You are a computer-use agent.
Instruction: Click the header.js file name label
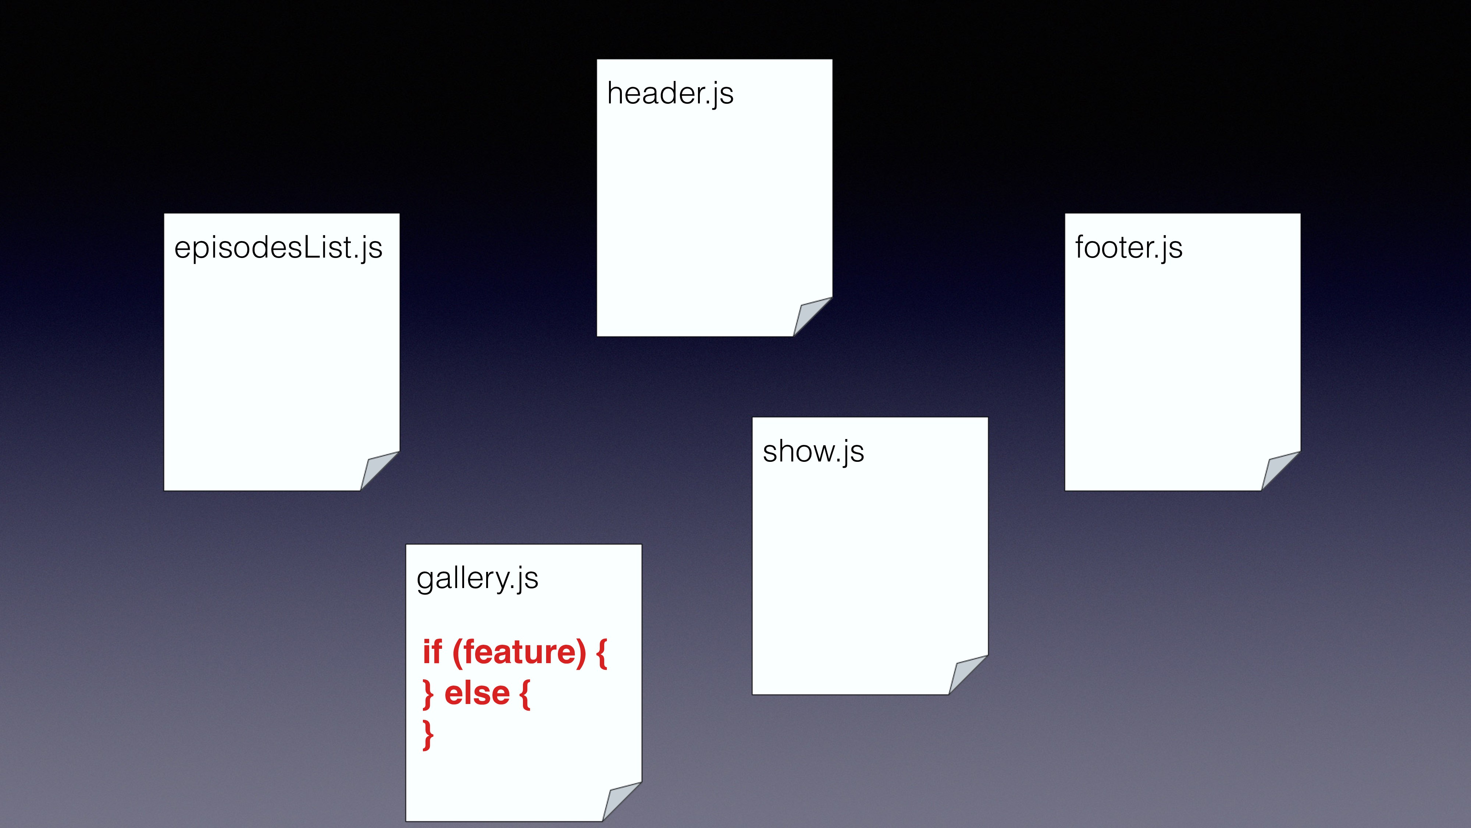[670, 94]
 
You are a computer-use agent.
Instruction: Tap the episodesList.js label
[278, 248]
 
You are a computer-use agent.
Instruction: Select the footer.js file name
[1128, 248]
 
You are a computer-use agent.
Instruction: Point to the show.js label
[813, 452]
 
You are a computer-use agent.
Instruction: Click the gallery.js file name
[477, 578]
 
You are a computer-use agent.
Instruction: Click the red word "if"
[432, 652]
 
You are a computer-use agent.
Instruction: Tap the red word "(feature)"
[519, 652]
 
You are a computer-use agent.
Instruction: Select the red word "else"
[477, 694]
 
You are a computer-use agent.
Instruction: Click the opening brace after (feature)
[601, 654]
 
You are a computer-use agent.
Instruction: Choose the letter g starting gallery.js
[425, 581]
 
